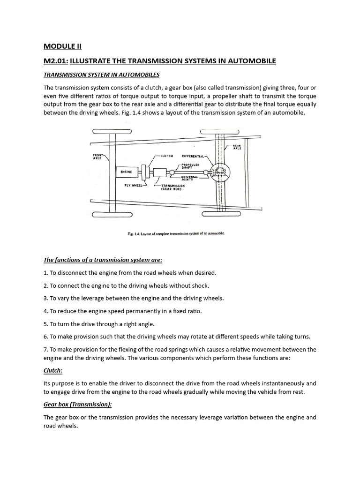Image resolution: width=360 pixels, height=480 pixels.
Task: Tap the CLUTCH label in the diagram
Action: [167, 156]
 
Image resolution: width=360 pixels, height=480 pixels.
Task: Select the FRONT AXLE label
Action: [97, 157]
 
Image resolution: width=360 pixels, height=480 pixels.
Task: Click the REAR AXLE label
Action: [237, 147]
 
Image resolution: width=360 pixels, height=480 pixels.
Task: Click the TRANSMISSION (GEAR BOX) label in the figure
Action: [173, 187]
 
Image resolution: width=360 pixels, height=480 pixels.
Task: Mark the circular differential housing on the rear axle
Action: [218, 173]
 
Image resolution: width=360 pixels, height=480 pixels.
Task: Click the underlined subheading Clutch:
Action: [52, 370]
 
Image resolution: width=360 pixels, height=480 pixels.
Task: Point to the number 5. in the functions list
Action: [46, 324]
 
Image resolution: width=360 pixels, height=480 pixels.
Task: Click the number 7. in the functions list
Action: [46, 349]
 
